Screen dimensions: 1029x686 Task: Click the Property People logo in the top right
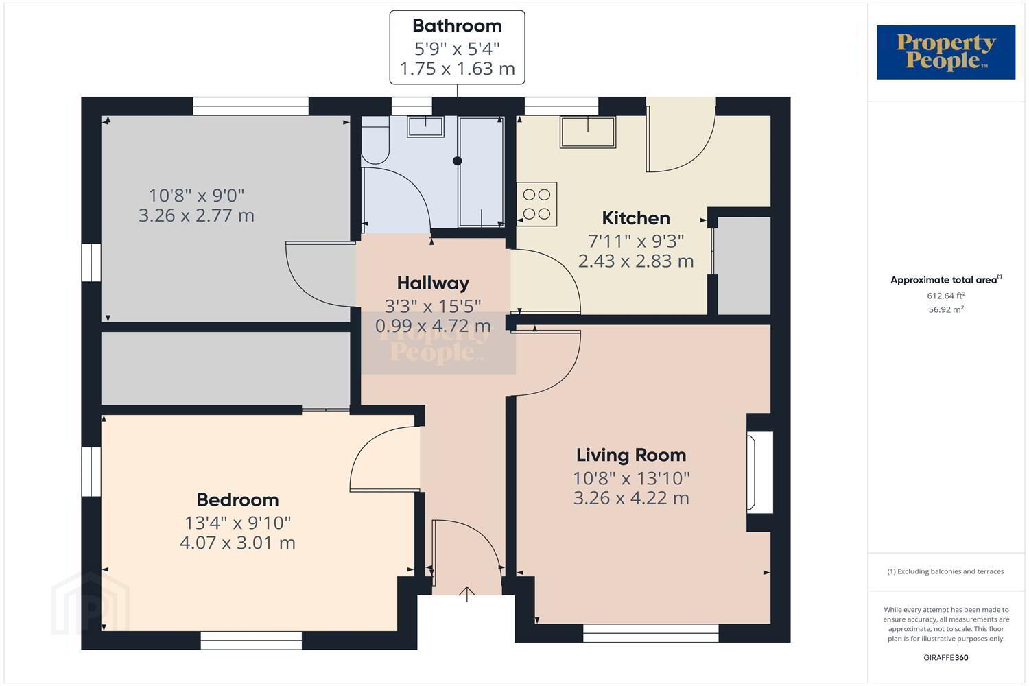pos(946,52)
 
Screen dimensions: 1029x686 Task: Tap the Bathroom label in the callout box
pos(457,26)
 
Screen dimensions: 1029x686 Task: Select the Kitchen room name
pos(636,218)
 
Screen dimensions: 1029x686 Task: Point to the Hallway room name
pos(433,283)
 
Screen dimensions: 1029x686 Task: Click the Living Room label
pos(631,455)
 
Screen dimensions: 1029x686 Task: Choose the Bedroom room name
pos(237,499)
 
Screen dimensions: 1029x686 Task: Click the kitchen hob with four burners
pos(537,204)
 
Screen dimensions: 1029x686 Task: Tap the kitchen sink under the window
pos(587,132)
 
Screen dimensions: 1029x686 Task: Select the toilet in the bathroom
pos(375,140)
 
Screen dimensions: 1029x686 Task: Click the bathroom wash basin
pos(426,126)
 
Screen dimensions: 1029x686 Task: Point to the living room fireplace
pos(760,473)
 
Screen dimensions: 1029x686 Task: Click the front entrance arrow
pos(467,593)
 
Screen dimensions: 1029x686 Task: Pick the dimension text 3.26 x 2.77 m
pos(196,215)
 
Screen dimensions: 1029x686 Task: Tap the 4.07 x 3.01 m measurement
pos(237,543)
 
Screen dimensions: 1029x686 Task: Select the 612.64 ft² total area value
pos(946,296)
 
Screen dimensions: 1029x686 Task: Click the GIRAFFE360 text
pos(946,657)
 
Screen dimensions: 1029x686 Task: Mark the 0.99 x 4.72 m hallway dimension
pos(433,326)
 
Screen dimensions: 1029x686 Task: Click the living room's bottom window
pos(650,632)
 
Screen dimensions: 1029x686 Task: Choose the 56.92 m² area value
pos(946,309)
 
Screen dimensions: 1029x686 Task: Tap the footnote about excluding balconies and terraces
pos(945,571)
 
